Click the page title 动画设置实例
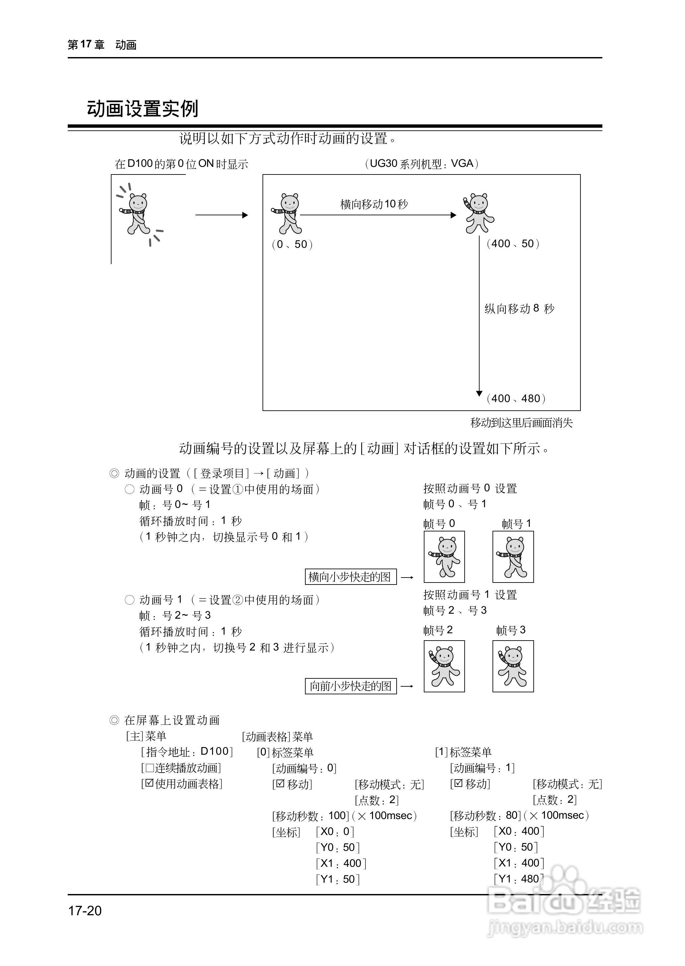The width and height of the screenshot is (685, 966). coord(143,109)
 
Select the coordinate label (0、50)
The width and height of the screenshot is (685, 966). coord(292,244)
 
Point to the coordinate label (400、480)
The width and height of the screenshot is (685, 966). coord(516,398)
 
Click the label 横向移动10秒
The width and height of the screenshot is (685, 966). coord(374,204)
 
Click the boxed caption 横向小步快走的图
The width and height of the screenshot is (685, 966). coord(350,577)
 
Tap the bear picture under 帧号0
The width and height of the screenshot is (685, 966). coord(444,557)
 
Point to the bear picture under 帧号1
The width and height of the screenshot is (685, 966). coord(513,557)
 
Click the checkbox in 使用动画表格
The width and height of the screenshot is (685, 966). coord(149,784)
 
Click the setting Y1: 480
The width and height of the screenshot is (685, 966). coord(519,879)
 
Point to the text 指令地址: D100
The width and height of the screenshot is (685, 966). coord(187,751)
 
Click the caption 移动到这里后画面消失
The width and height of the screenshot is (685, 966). coord(521,423)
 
